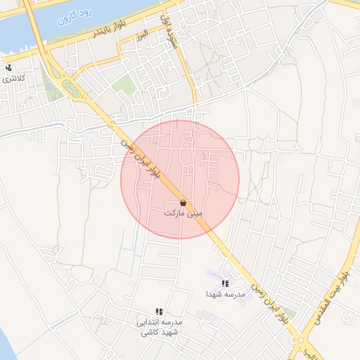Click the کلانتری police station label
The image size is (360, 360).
13,78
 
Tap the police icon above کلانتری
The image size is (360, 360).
8,68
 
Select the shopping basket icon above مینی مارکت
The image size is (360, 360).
183,202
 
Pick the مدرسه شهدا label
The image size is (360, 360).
225,293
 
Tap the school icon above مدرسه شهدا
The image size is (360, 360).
225,283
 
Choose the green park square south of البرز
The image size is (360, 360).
124,86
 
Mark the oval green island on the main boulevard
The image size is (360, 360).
71,88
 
